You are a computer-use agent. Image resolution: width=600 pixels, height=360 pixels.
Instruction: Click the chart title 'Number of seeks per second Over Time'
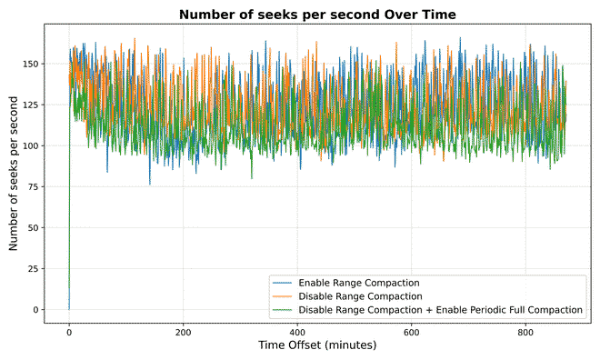point(316,15)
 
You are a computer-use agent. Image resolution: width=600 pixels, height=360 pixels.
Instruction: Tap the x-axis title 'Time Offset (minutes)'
point(316,346)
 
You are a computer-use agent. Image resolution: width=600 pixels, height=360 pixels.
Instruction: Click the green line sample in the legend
point(283,310)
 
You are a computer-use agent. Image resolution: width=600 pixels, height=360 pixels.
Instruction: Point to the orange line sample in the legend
point(283,296)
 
